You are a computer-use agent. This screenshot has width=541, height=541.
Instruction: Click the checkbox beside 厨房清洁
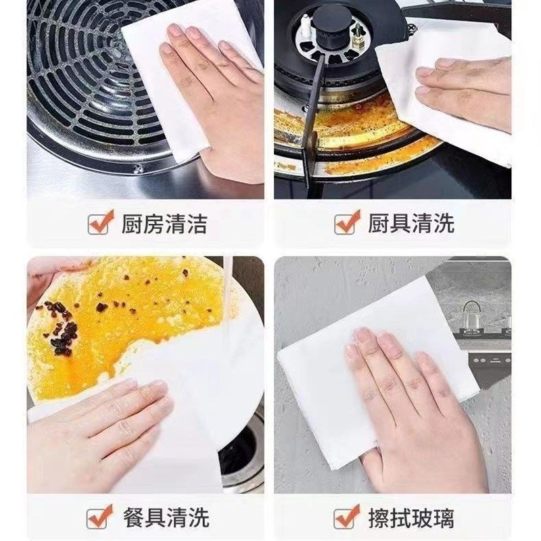[101, 222]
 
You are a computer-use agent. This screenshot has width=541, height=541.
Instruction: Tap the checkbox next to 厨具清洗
[347, 222]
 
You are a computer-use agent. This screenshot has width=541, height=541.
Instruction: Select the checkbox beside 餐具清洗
[101, 518]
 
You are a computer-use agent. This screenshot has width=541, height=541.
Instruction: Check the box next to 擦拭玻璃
[347, 518]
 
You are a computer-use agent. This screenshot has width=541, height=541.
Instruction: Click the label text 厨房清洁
[164, 223]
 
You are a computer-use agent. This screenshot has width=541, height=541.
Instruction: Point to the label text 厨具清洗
[410, 223]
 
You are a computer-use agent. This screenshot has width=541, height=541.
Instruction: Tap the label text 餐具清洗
[164, 519]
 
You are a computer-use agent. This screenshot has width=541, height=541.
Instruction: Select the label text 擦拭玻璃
[410, 519]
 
